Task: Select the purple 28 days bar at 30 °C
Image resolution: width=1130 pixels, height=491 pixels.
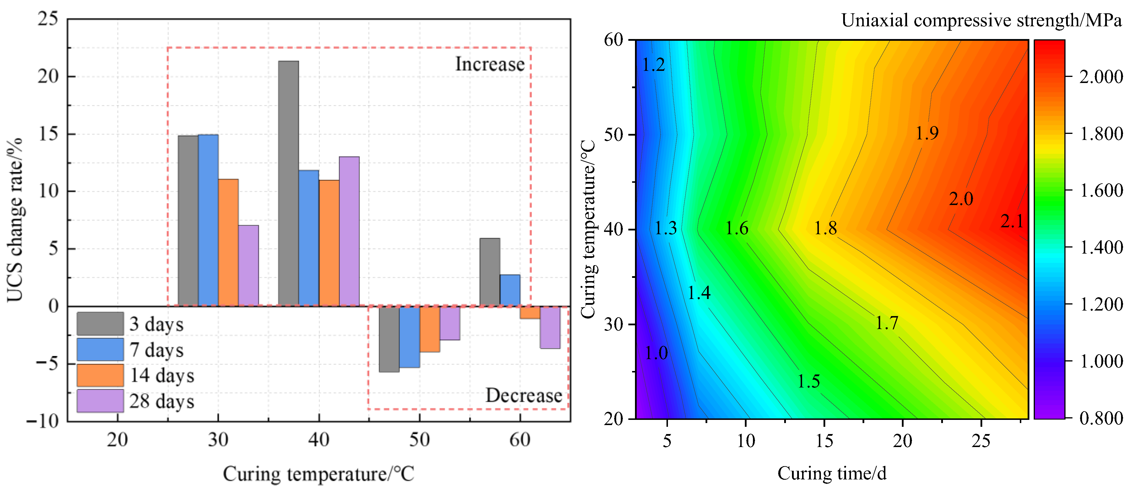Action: click(248, 265)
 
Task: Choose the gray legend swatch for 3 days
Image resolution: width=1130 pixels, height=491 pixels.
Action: click(100, 324)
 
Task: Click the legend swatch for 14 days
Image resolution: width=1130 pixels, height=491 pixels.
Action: click(100, 375)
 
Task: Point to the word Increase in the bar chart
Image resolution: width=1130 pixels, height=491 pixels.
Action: click(490, 64)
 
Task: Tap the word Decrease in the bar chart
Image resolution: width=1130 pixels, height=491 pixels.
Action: click(523, 395)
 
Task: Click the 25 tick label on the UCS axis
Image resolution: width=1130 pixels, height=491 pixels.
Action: click(47, 19)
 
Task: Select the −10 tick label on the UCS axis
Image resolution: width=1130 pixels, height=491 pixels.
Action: click(43, 421)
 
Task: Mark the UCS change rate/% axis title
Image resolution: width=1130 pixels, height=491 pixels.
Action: click(14, 219)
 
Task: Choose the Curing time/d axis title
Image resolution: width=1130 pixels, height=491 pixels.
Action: click(832, 473)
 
